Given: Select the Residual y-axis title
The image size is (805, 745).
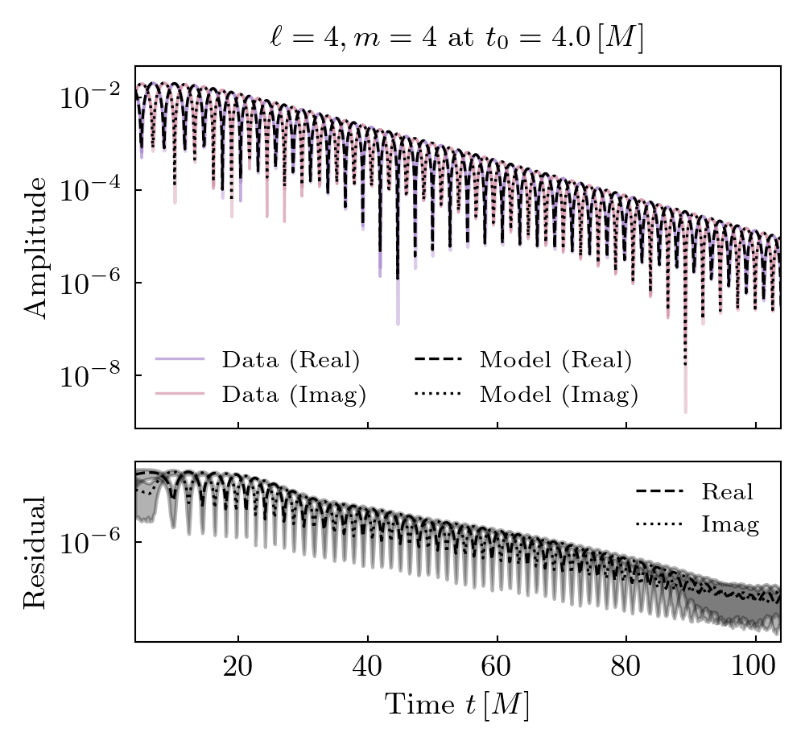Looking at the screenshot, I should (x=36, y=552).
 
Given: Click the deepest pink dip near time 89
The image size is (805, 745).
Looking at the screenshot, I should (x=686, y=411).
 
